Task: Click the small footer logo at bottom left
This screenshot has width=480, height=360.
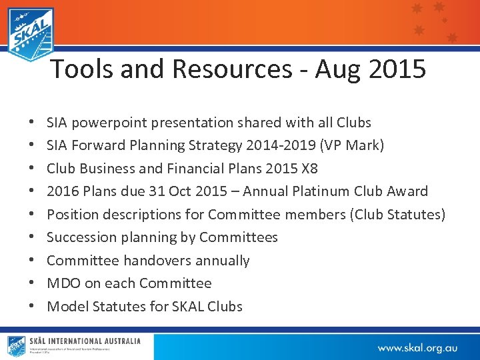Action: pyautogui.click(x=16, y=346)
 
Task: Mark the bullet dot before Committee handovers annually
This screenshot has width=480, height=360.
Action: pyautogui.click(x=33, y=261)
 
